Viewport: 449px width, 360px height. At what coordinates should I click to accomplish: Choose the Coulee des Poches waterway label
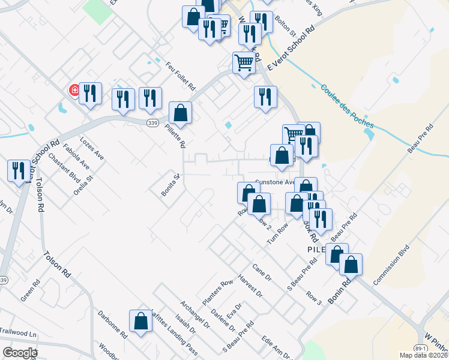tap(346, 106)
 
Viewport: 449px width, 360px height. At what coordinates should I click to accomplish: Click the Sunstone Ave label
tap(274, 182)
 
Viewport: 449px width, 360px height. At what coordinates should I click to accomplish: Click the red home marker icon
tap(75, 91)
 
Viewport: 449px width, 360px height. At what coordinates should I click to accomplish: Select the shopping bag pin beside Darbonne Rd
tap(141, 321)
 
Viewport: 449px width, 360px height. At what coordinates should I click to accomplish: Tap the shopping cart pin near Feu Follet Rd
tap(244, 62)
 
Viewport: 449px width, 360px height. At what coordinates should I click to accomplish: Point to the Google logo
tap(20, 353)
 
